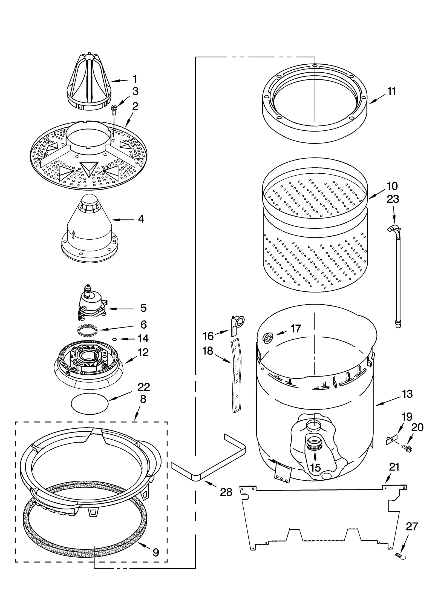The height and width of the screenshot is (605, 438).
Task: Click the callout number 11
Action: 392,91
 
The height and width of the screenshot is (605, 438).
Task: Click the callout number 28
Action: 226,492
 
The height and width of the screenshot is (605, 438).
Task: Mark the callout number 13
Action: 407,394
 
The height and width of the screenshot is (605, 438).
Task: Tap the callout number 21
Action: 394,467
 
